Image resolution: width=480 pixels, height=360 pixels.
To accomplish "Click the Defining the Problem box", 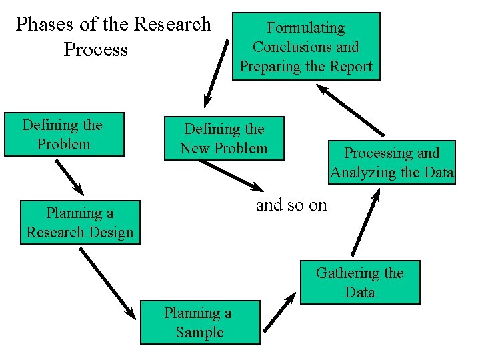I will [64, 134].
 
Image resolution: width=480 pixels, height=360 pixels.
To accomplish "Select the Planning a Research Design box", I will [80, 223].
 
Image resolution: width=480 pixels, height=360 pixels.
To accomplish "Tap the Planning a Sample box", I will [200, 323].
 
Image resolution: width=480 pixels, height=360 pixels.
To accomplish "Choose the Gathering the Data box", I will [360, 282].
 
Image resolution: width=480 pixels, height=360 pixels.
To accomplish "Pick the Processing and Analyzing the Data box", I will [392, 162].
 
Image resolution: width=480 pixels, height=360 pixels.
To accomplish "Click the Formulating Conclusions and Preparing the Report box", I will [306, 47].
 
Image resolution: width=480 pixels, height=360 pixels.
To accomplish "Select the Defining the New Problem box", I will [224, 139].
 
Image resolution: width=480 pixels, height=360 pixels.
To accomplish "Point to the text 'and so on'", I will [292, 205].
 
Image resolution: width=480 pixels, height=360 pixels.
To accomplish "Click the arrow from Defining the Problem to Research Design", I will [69, 176].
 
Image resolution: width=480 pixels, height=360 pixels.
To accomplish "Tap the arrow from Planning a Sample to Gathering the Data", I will [279, 312].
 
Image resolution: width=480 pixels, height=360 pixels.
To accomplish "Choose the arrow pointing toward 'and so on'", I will [232, 175].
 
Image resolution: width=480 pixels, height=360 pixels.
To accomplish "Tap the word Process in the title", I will [95, 50].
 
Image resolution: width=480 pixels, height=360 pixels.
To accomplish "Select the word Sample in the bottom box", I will [200, 332].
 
